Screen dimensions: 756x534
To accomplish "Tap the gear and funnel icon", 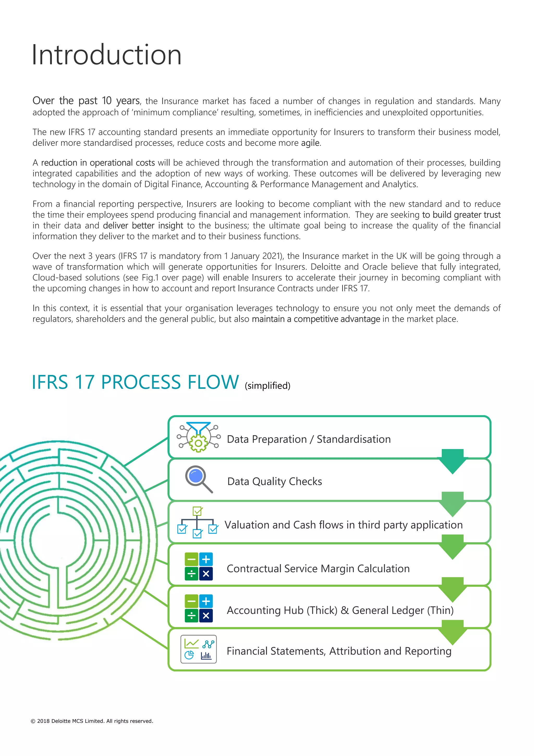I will pos(198,437).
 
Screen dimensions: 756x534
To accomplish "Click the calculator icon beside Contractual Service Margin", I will pos(199,566).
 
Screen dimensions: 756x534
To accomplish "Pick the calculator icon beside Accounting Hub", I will pos(199,608).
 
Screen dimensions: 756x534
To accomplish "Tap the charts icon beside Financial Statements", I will pos(199,649).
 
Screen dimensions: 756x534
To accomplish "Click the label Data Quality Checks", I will pos(275,481).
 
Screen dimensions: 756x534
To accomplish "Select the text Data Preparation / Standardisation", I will pos(308,439).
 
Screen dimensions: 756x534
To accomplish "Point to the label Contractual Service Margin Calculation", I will pos(318,569).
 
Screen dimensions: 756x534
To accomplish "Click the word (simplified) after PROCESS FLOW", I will pos(267,386).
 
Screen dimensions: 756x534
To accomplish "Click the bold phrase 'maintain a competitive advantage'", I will pos(316,319).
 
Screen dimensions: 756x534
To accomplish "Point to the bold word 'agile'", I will pos(310,143).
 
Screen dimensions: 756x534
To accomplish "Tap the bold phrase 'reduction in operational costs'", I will pos(98,163).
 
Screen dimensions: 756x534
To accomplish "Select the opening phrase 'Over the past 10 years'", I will pos(86,101).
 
